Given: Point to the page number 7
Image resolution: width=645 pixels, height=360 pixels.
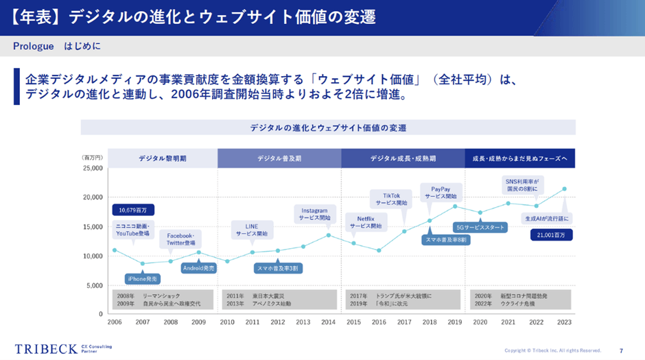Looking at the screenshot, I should (x=621, y=350).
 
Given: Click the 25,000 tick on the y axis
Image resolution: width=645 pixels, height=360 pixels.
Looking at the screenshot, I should (x=93, y=168).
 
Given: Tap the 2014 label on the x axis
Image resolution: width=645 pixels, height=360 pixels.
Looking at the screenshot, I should (x=328, y=322).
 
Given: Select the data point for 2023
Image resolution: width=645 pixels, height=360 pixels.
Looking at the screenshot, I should (x=564, y=189).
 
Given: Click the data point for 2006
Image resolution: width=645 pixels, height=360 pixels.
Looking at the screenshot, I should (x=115, y=250).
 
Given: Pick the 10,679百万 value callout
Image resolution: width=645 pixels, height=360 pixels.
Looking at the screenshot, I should (x=133, y=210).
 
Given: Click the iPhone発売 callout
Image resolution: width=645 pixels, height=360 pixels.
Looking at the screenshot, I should (x=143, y=278).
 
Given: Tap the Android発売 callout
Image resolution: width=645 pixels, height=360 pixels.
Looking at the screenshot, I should (x=199, y=268).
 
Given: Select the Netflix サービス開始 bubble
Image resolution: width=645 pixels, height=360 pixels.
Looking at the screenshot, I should (x=366, y=221).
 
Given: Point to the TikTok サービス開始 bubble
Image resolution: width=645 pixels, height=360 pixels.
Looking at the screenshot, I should (x=392, y=199).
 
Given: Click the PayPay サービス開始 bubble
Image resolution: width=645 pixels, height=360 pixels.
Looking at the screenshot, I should (x=440, y=192).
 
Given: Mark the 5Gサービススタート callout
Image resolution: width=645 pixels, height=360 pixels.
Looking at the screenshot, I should (x=480, y=228).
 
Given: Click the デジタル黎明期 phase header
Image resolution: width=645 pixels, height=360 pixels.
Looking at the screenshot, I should (x=163, y=158).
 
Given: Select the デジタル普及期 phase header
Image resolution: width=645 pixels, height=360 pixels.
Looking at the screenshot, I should (x=279, y=158).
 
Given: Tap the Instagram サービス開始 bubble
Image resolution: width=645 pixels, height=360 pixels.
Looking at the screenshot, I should (x=314, y=214).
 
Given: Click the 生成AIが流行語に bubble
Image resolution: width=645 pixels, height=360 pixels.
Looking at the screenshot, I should (x=547, y=218).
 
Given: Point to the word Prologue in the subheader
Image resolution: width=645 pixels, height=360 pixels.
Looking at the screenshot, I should (x=33, y=46).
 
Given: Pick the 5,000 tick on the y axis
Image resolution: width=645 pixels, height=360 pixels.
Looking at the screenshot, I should (x=94, y=285).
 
